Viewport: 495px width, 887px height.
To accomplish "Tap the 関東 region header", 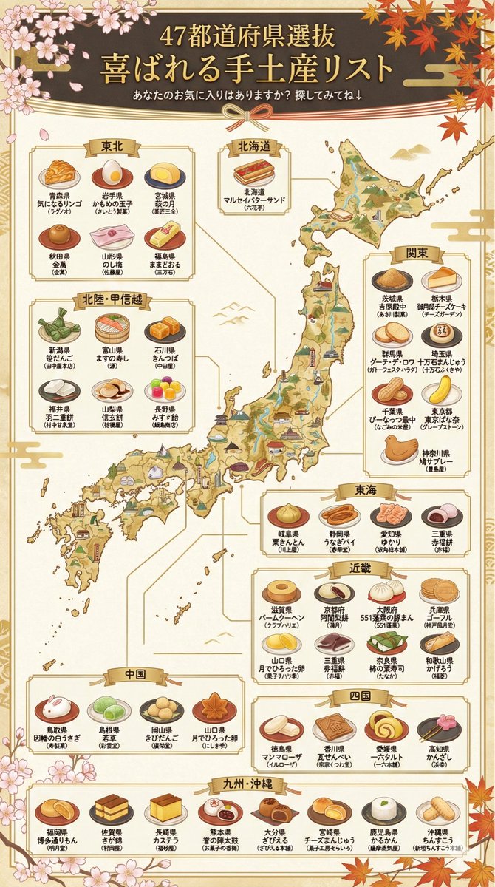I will point(417,253).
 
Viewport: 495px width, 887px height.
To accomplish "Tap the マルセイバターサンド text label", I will point(254,199).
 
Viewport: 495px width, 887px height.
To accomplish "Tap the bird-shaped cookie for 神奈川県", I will point(399,448).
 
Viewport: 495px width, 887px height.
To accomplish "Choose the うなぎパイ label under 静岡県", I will point(339,541).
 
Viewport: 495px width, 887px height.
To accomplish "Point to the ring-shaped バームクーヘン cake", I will point(281,591).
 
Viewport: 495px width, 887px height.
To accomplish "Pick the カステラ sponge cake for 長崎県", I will point(165,809).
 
